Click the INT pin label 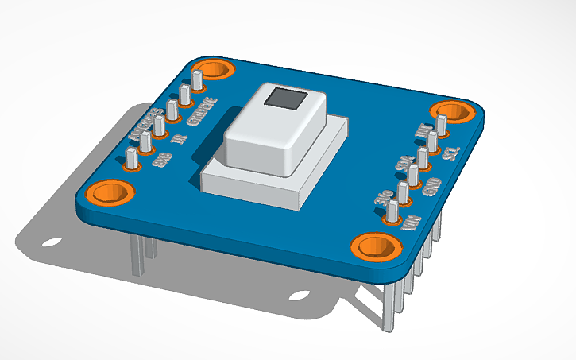click(x=424, y=130)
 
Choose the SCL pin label click(x=449, y=151)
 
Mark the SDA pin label click(x=403, y=165)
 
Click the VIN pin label click(x=412, y=221)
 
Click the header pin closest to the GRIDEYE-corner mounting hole click(x=196, y=80)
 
